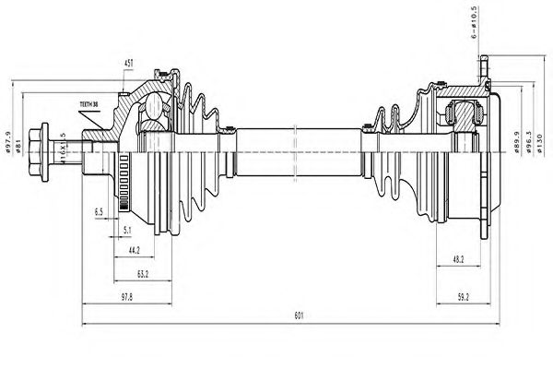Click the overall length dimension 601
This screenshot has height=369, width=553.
coord(298,316)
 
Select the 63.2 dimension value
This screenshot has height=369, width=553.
coord(143,274)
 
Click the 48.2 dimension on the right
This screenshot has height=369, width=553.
coord(458,261)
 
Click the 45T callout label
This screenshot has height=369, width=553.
coord(129,63)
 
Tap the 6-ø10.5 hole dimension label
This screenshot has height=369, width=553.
coord(475,23)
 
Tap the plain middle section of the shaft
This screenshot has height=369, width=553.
coord(295,152)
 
